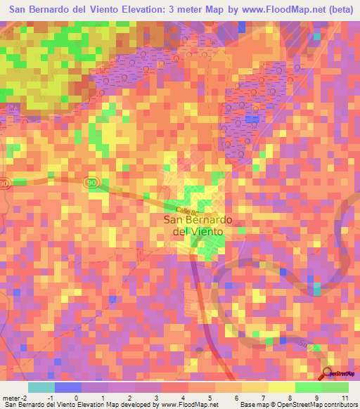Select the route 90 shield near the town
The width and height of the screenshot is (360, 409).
point(91,182)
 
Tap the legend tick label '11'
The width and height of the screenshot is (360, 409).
point(345,398)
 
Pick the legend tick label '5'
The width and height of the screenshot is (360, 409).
point(210,398)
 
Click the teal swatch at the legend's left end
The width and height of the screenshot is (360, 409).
point(41,387)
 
